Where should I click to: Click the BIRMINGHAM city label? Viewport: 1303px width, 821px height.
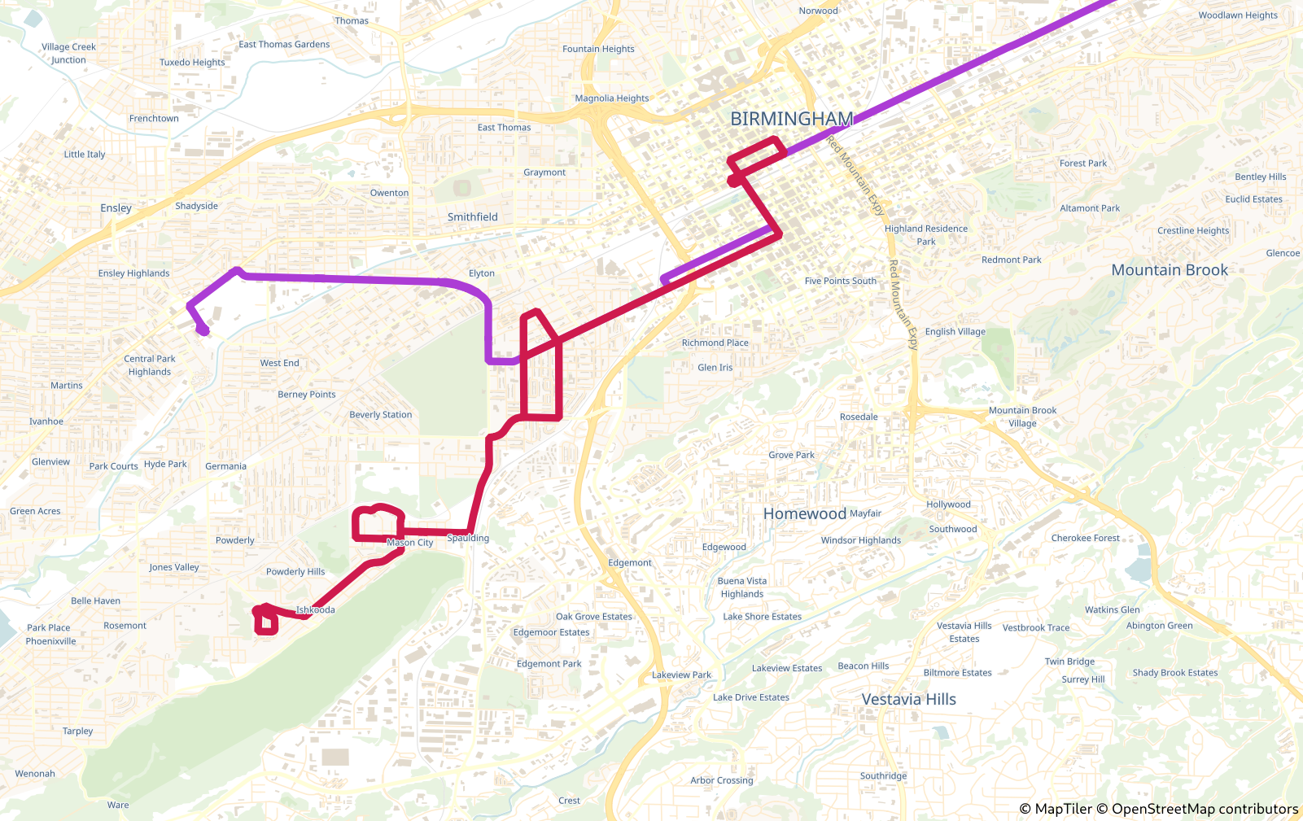point(791,119)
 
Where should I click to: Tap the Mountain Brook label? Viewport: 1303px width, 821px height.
point(1169,270)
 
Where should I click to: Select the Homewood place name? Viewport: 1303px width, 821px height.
point(804,513)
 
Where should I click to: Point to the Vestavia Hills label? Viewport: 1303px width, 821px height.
point(908,699)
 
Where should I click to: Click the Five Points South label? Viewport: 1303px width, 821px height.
point(840,281)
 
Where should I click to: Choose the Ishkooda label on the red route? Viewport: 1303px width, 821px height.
point(315,609)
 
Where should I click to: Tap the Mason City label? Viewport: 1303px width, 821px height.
point(409,542)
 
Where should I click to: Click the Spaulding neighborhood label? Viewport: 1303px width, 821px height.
point(468,538)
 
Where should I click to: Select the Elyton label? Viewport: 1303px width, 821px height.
point(481,273)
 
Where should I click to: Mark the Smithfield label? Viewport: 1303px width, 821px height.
point(472,217)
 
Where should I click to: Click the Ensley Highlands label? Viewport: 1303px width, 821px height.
point(133,273)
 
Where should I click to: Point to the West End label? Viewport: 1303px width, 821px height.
point(279,363)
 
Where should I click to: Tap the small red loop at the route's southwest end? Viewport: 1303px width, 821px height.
point(266,623)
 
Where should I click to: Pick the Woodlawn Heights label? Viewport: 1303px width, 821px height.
point(1237,15)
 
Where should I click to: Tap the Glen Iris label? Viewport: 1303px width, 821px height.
point(715,368)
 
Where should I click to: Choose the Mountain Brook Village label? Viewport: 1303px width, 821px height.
point(1022,417)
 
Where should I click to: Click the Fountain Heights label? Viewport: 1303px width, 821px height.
point(598,49)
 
